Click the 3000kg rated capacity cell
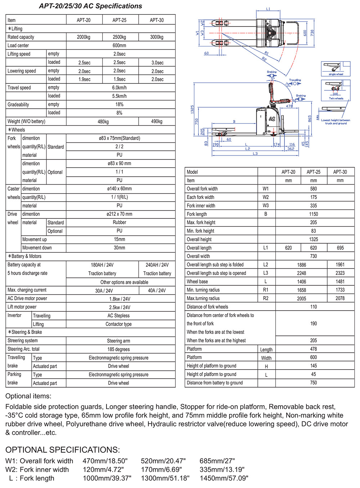[x=157, y=37]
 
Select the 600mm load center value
[x=119, y=46]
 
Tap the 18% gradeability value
[x=119, y=104]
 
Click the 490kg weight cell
[x=157, y=122]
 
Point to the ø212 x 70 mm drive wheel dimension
[x=119, y=214]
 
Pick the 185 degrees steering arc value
[x=118, y=349]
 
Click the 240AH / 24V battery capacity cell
[x=157, y=265]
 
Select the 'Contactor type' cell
[x=118, y=324]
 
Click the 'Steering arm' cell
[x=118, y=341]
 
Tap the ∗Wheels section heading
[x=17, y=130]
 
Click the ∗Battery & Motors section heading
[x=24, y=256]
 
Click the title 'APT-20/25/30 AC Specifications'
[x=90, y=6]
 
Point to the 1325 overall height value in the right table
[x=314, y=239]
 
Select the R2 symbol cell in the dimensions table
[x=266, y=298]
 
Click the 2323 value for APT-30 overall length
[x=340, y=273]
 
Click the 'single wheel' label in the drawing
[x=336, y=74]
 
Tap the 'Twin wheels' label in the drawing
[x=336, y=98]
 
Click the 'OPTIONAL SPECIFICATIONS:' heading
[x=63, y=450]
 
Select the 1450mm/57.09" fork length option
[x=224, y=478]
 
